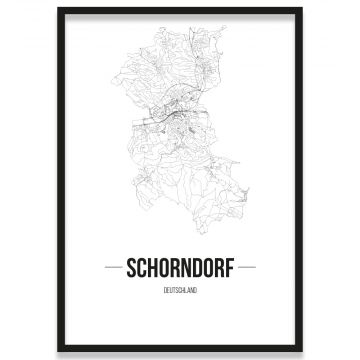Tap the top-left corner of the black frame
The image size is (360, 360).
pyautogui.click(x=60, y=10)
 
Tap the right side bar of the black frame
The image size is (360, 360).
pyautogui.click(x=300, y=180)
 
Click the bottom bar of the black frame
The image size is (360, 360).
pyautogui.click(x=180, y=348)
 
